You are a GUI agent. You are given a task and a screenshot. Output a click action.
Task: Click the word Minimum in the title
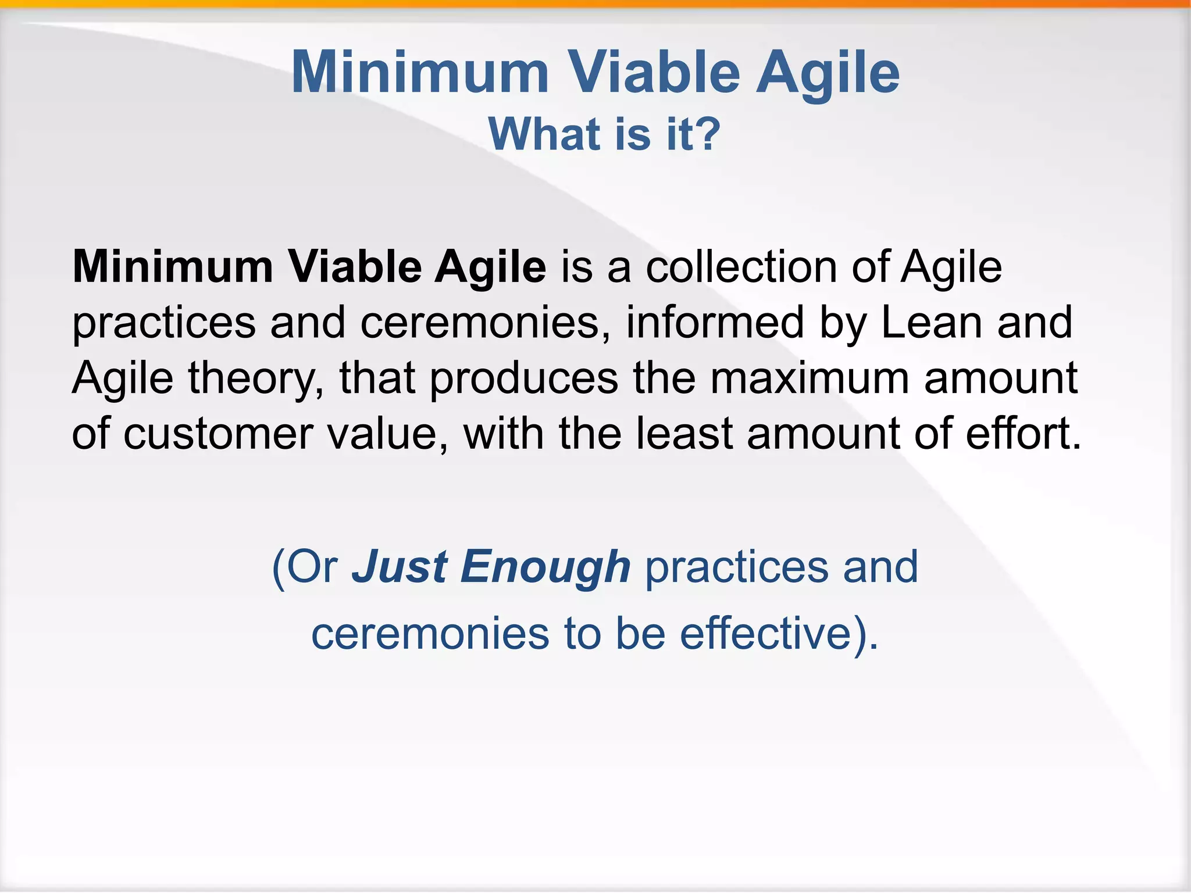tap(420, 73)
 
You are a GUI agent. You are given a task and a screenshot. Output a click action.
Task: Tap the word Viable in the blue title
tap(652, 73)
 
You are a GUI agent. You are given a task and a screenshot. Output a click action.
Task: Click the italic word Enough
tap(545, 568)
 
